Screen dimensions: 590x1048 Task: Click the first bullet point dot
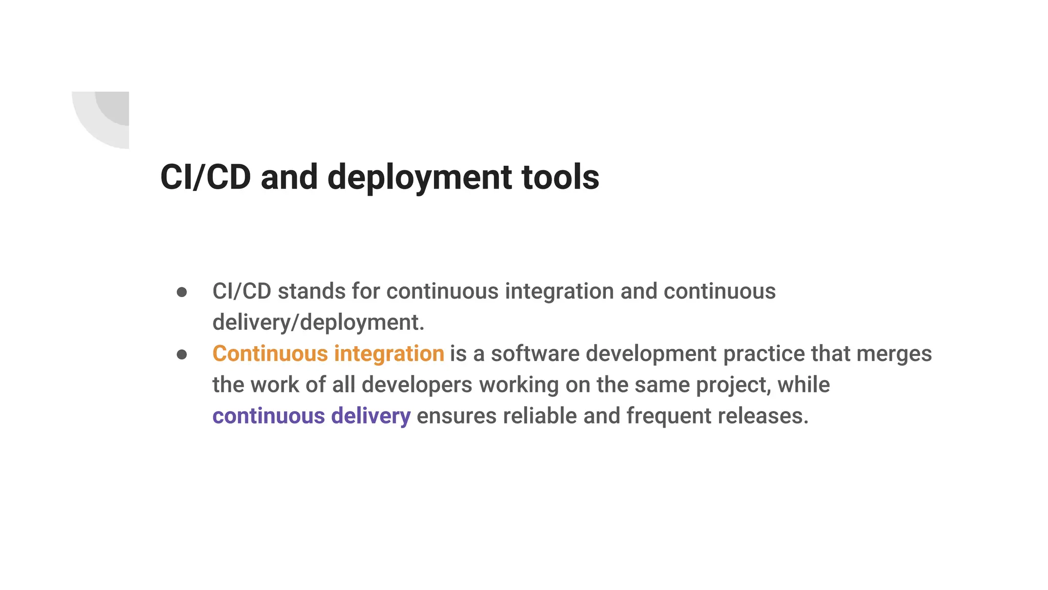(182, 292)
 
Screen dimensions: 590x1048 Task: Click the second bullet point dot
(182, 354)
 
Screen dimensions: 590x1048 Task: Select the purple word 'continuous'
(268, 416)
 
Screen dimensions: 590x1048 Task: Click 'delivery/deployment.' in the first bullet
(318, 323)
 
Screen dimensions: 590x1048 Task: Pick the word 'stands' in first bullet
(311, 291)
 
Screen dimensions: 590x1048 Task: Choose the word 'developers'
(417, 385)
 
